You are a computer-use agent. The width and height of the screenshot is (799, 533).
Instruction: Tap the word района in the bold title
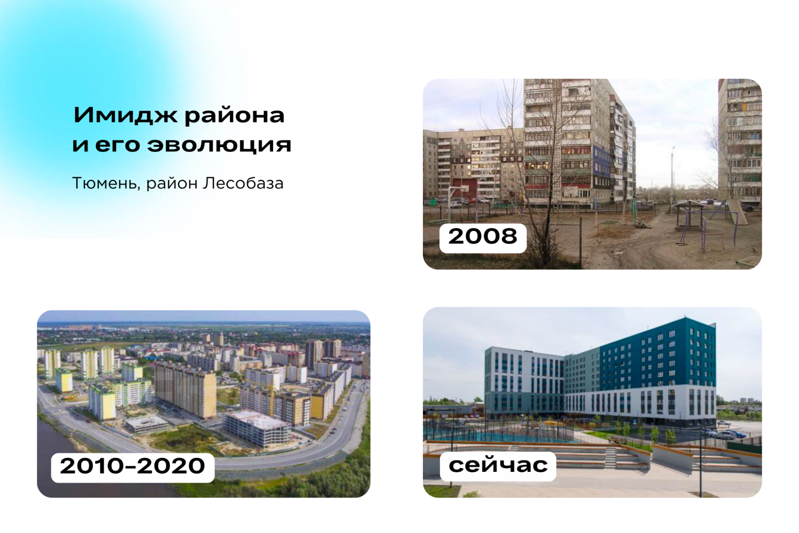point(234,116)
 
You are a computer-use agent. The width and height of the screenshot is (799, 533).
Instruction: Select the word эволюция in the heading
point(219,145)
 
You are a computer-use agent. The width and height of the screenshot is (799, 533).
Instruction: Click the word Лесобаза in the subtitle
point(243,183)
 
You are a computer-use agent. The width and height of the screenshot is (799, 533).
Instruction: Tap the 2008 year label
point(482,237)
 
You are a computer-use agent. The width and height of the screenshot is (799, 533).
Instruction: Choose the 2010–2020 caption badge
point(132,466)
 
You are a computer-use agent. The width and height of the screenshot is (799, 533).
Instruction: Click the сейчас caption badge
point(498,465)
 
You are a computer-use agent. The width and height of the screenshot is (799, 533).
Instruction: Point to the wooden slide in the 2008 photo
point(737,212)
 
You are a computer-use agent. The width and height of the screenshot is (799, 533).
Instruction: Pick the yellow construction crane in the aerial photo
point(272,396)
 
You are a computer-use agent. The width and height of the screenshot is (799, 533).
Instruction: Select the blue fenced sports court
point(500,432)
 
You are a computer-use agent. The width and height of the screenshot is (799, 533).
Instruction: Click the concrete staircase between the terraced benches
point(611,455)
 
